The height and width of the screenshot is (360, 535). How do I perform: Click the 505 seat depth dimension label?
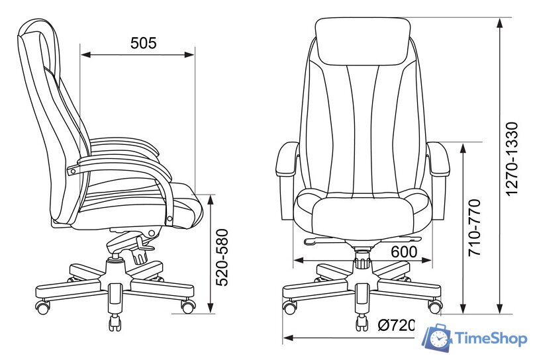[143, 43]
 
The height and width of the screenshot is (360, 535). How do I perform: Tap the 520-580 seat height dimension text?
[222, 257]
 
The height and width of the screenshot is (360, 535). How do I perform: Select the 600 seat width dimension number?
[404, 251]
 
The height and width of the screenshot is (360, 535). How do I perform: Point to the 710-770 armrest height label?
[474, 228]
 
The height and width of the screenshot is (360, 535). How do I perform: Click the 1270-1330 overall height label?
[512, 159]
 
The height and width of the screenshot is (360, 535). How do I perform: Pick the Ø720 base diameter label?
[397, 325]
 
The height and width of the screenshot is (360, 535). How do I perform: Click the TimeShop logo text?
[491, 339]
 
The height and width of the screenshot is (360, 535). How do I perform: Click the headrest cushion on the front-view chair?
[363, 41]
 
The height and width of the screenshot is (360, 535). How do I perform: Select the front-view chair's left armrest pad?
[287, 159]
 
